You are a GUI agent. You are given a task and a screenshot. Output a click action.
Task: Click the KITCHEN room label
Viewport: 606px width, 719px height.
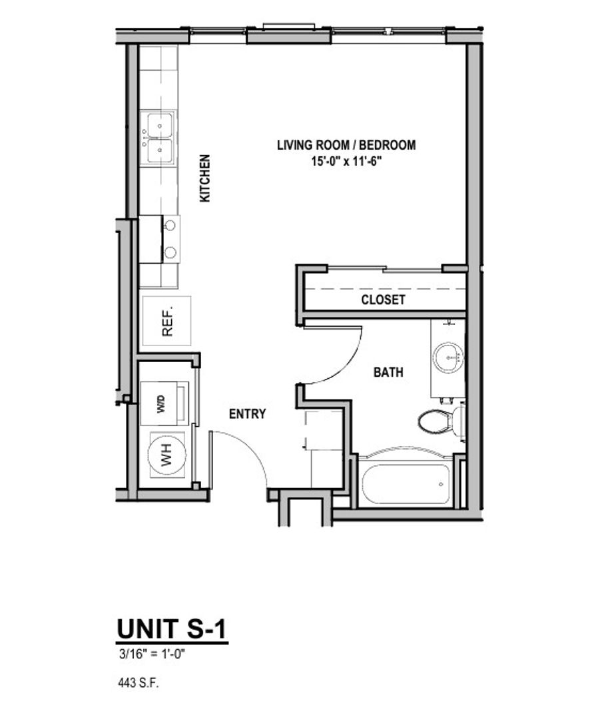(x=205, y=178)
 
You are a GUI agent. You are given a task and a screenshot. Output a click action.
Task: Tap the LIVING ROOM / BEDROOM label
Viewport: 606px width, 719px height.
(x=346, y=144)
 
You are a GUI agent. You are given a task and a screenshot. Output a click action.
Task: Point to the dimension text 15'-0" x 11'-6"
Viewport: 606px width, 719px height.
(x=346, y=160)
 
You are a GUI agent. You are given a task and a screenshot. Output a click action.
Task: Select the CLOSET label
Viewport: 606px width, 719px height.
(x=383, y=300)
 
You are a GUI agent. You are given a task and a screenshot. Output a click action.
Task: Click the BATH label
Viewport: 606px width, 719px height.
(x=388, y=373)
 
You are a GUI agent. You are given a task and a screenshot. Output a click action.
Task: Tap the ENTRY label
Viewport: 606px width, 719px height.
(x=247, y=413)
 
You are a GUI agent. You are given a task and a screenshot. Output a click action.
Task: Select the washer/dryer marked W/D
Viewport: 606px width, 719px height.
(x=162, y=404)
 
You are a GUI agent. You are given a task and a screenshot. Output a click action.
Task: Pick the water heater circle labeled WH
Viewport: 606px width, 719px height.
(x=166, y=457)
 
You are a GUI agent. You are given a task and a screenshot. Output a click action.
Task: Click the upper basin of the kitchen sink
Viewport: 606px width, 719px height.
(x=160, y=124)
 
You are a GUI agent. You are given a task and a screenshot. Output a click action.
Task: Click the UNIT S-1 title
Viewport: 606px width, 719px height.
(x=172, y=629)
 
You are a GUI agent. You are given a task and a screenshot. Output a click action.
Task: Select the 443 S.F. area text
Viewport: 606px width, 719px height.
(x=139, y=682)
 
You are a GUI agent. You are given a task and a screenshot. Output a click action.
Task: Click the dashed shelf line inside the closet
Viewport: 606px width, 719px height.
(x=383, y=288)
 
